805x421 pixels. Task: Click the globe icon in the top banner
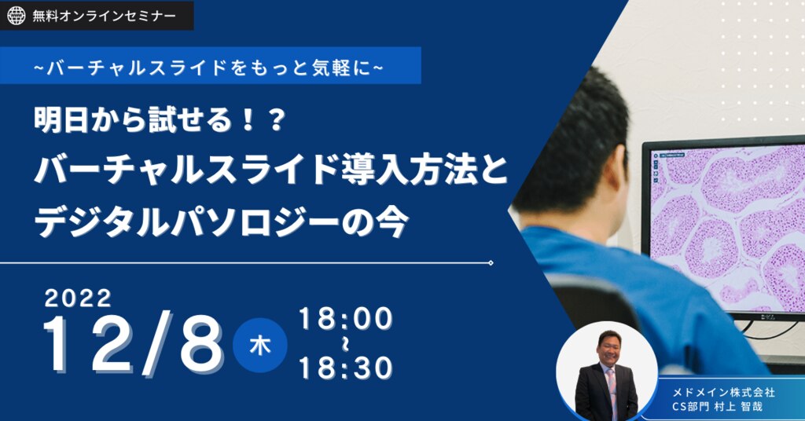pyautogui.click(x=16, y=16)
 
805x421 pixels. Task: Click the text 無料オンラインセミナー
pyautogui.click(x=104, y=16)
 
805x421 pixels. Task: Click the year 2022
pyautogui.click(x=78, y=298)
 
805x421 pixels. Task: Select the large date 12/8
pyautogui.click(x=134, y=343)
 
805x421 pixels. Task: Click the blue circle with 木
pyautogui.click(x=259, y=345)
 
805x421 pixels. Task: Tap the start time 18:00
pyautogui.click(x=346, y=319)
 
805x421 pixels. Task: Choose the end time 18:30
pyautogui.click(x=346, y=368)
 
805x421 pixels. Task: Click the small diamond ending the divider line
pyautogui.click(x=491, y=263)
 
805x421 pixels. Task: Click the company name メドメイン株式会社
pyautogui.click(x=723, y=392)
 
